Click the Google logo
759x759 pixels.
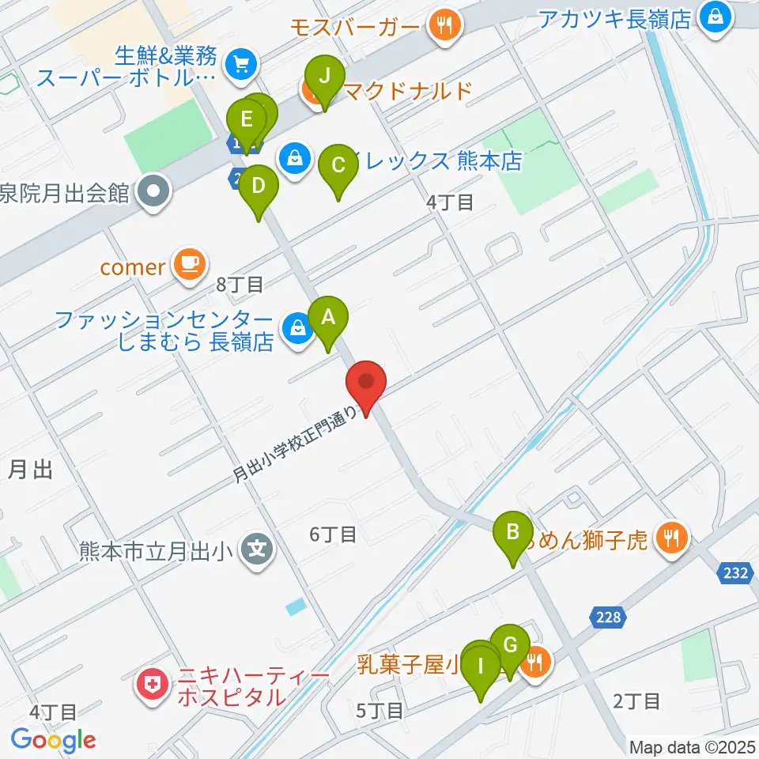(53, 740)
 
